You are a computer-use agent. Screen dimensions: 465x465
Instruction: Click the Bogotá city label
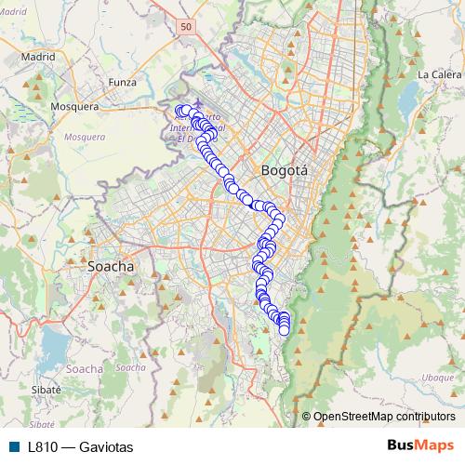click(285, 170)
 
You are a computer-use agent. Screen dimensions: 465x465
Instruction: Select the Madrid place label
click(38, 56)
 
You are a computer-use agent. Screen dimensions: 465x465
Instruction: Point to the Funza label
click(123, 82)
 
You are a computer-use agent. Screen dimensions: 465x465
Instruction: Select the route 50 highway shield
click(187, 29)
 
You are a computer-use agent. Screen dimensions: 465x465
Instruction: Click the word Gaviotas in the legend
click(106, 447)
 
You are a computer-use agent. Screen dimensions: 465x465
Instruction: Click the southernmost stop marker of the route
click(284, 326)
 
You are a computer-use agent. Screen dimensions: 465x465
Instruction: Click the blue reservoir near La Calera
click(409, 96)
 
